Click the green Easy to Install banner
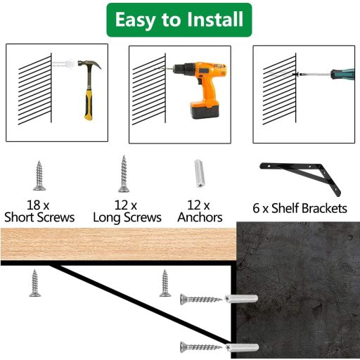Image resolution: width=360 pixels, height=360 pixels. click(x=179, y=20)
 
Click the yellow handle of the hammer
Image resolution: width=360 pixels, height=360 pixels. click(x=89, y=105)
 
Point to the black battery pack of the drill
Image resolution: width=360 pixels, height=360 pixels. click(x=205, y=110)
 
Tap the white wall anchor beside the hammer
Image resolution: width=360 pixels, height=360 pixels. click(x=63, y=63)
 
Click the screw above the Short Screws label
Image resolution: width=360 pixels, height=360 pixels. click(x=39, y=176)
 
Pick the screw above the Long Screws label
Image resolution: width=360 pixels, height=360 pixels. click(x=124, y=174)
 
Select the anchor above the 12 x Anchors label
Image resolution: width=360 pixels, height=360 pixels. click(x=200, y=174)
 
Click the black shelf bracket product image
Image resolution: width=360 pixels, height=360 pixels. click(x=300, y=179)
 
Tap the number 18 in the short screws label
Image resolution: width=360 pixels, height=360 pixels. click(x=34, y=205)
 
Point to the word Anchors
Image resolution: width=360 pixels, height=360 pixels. click(x=200, y=217)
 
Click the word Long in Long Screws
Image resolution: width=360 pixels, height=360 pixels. click(x=107, y=218)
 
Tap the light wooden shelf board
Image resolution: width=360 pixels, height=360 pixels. click(x=118, y=244)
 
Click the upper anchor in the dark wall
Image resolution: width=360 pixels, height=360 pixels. click(x=241, y=299)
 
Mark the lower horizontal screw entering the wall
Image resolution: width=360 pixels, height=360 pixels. click(x=201, y=347)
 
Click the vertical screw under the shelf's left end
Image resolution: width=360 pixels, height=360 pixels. click(x=35, y=283)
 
